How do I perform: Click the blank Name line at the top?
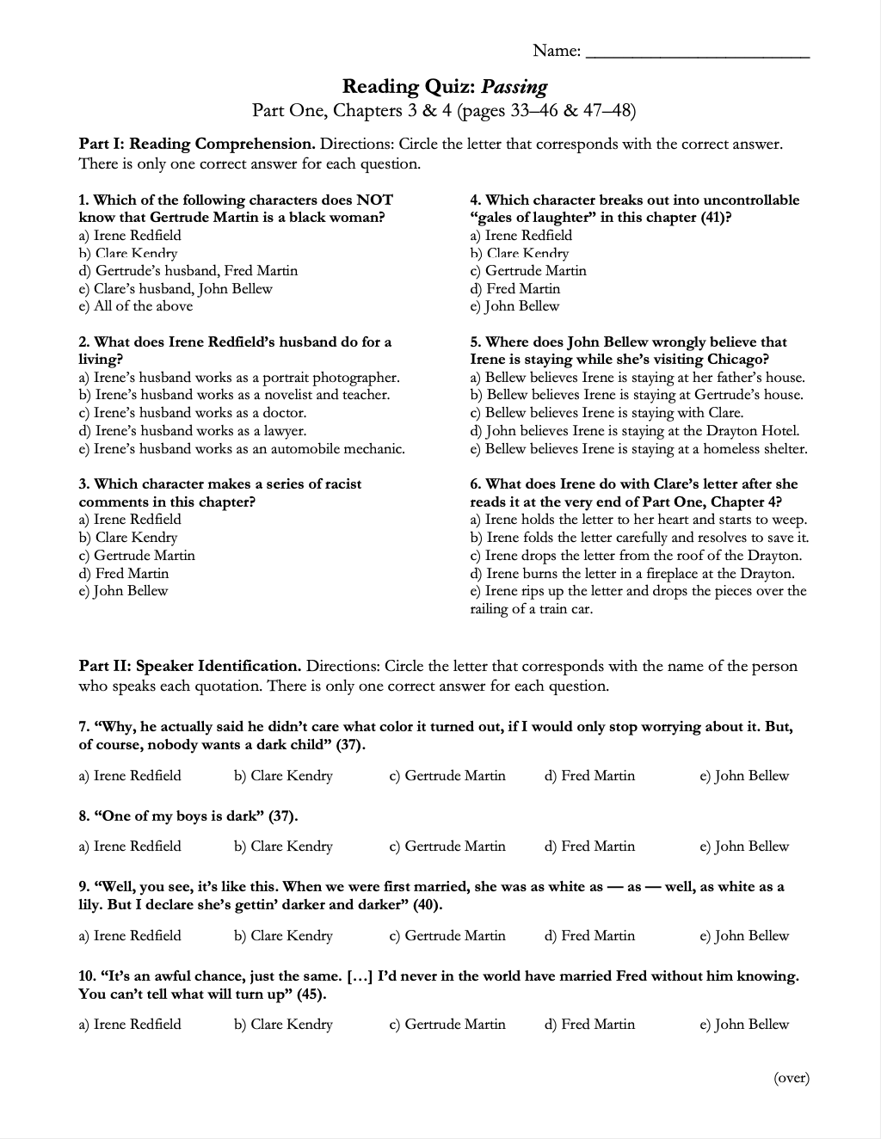click(x=697, y=53)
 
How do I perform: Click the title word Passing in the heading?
click(x=514, y=86)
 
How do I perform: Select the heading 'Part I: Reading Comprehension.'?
click(x=197, y=145)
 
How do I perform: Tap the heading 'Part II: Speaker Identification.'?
click(x=190, y=666)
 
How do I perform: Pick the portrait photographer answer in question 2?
click(x=239, y=378)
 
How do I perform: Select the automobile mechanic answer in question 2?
click(x=242, y=449)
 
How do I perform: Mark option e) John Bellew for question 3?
click(x=123, y=591)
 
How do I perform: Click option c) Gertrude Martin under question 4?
click(x=528, y=271)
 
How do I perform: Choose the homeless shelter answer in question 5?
click(x=638, y=449)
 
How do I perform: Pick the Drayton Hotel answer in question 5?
click(x=635, y=431)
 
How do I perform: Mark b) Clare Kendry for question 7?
click(x=283, y=776)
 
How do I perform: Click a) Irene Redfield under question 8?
click(x=130, y=847)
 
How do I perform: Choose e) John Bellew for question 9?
click(x=744, y=936)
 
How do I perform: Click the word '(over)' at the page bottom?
click(x=792, y=1078)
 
